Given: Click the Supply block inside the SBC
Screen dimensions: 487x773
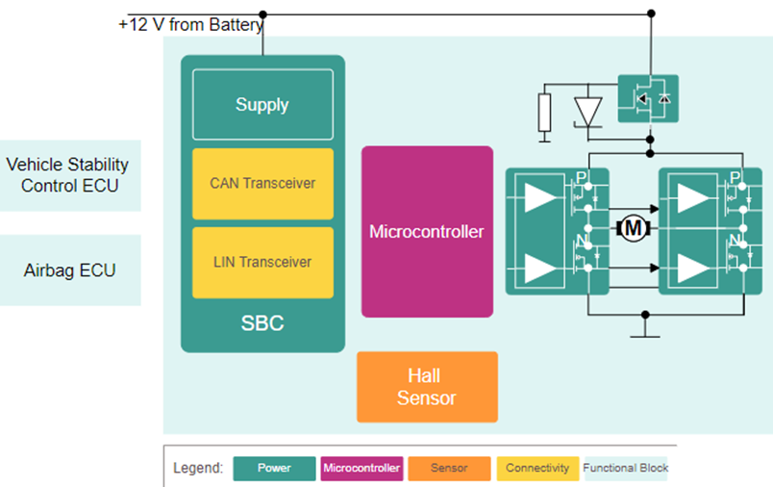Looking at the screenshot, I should [x=262, y=105].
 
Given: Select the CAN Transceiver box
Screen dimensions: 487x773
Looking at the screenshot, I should [x=262, y=183].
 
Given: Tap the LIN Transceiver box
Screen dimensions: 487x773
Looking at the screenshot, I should [x=262, y=262].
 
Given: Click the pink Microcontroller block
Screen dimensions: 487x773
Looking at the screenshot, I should [x=427, y=232].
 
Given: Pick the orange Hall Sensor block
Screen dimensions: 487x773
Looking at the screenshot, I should [x=427, y=387].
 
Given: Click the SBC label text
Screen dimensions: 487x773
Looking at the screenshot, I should [x=262, y=323].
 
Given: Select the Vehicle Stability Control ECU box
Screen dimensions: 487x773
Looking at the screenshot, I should [x=67, y=175].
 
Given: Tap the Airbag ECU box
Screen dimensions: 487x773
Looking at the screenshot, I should [x=69, y=270].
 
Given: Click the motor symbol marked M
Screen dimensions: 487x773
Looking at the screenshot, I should [x=633, y=228].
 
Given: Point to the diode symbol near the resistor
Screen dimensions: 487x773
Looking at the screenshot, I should [x=586, y=110].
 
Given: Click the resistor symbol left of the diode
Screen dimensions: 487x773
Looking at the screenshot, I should [x=545, y=113].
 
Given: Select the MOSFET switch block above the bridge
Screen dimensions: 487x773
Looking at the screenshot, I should [x=647, y=98].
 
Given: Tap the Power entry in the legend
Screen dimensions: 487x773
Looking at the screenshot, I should [x=274, y=469].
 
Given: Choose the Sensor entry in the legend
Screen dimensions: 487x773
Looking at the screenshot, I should [x=449, y=469].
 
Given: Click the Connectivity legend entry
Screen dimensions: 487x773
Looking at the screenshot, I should [x=536, y=469].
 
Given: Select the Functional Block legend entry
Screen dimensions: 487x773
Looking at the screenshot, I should [x=625, y=469].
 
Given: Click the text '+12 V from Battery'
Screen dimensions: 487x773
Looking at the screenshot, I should [x=190, y=24].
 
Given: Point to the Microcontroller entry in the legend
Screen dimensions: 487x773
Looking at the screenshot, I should [x=362, y=469].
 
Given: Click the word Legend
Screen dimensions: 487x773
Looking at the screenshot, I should [x=198, y=469].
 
